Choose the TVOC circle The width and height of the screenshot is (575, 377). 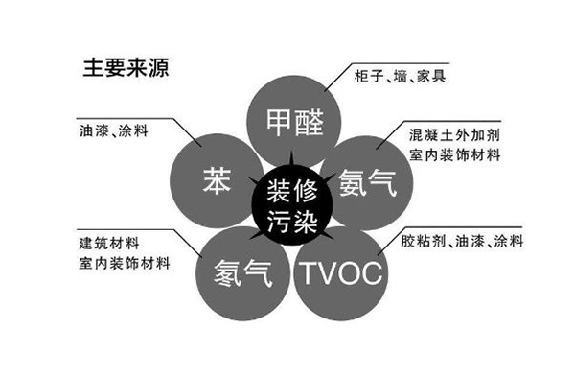point(339,273)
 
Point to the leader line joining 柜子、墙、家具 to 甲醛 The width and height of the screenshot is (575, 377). point(337,84)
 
